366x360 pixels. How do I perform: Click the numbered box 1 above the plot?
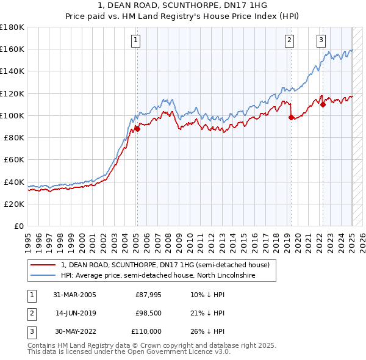tap(135, 41)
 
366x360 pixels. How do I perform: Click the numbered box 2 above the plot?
tap(289, 41)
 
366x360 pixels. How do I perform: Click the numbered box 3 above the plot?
tap(321, 41)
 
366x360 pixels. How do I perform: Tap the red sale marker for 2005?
tap(138, 129)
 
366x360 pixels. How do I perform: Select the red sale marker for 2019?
tap(291, 117)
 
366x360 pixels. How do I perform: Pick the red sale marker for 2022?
tap(323, 104)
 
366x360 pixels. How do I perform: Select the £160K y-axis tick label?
tap(12, 49)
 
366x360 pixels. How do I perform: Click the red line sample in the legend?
tap(44, 265)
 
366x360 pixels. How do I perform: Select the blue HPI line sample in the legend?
tap(44, 276)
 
